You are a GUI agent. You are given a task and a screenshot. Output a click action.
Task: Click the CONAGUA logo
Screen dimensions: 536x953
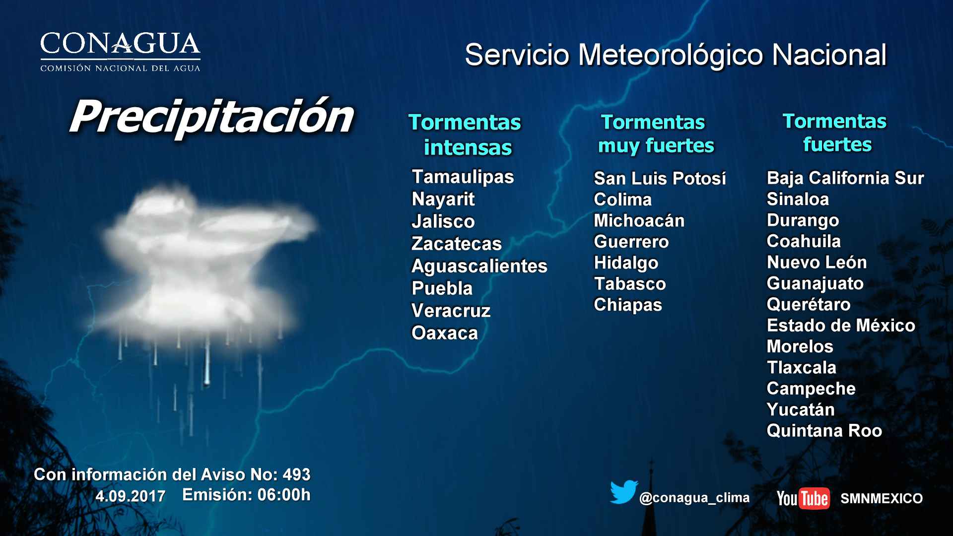pos(120,52)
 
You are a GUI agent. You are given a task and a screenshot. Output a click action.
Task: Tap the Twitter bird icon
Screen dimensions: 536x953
pos(623,492)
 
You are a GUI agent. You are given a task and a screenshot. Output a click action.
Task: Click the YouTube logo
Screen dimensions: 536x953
pos(803,498)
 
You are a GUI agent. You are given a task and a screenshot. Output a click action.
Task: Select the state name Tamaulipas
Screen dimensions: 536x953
pos(463,177)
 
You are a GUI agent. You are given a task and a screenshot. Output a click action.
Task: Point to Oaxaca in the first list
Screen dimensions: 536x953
pos(444,333)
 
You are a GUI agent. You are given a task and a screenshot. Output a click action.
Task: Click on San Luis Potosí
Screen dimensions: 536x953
pos(660,178)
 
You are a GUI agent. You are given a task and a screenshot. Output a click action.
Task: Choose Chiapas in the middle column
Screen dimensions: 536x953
pos(628,305)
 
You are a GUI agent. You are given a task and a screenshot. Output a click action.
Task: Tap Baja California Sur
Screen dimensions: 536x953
pos(845,178)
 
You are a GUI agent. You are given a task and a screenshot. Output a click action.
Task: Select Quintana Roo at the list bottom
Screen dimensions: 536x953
pos(824,431)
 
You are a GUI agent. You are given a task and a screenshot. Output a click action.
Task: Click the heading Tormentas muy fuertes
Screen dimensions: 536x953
pos(655,134)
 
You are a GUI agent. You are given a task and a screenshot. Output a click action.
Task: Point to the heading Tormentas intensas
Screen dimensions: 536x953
pos(465,135)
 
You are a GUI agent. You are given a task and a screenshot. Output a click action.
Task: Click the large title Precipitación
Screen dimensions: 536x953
pos(211,117)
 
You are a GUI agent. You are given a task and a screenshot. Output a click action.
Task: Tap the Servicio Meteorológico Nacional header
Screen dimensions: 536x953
pos(675,55)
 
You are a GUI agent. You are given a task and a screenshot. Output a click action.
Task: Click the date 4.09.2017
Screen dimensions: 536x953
pos(131,496)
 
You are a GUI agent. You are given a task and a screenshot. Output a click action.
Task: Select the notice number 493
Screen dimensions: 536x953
pos(296,474)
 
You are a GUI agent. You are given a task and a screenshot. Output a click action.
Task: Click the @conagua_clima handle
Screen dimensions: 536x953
pos(694,498)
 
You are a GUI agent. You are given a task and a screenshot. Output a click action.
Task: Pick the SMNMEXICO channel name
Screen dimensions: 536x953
pos(881,498)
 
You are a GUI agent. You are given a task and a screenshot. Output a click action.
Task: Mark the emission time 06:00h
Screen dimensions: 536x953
pos(284,495)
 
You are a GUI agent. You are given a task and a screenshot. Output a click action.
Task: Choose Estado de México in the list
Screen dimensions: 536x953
pos(841,326)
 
